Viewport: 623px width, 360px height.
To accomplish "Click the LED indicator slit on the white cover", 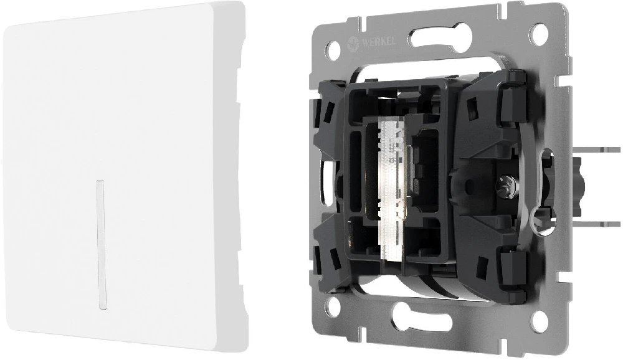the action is pyautogui.click(x=100, y=245).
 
